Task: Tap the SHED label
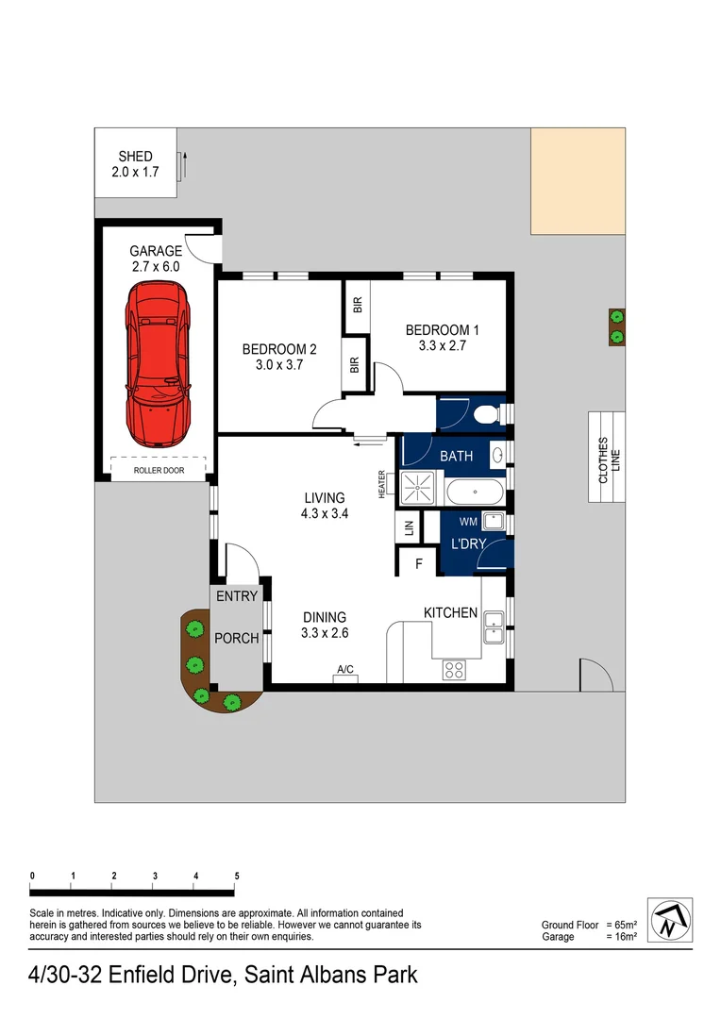(135, 157)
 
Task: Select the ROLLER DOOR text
(159, 470)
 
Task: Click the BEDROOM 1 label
(443, 330)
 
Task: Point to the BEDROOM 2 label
(279, 349)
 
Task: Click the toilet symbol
(487, 413)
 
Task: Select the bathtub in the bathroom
(476, 491)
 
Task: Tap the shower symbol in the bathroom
(416, 487)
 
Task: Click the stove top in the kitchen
(454, 669)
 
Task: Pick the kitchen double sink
(494, 626)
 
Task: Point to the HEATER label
(382, 483)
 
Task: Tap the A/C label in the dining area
(345, 670)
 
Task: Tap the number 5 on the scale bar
(236, 876)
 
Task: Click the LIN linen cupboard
(409, 529)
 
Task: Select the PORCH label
(236, 639)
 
